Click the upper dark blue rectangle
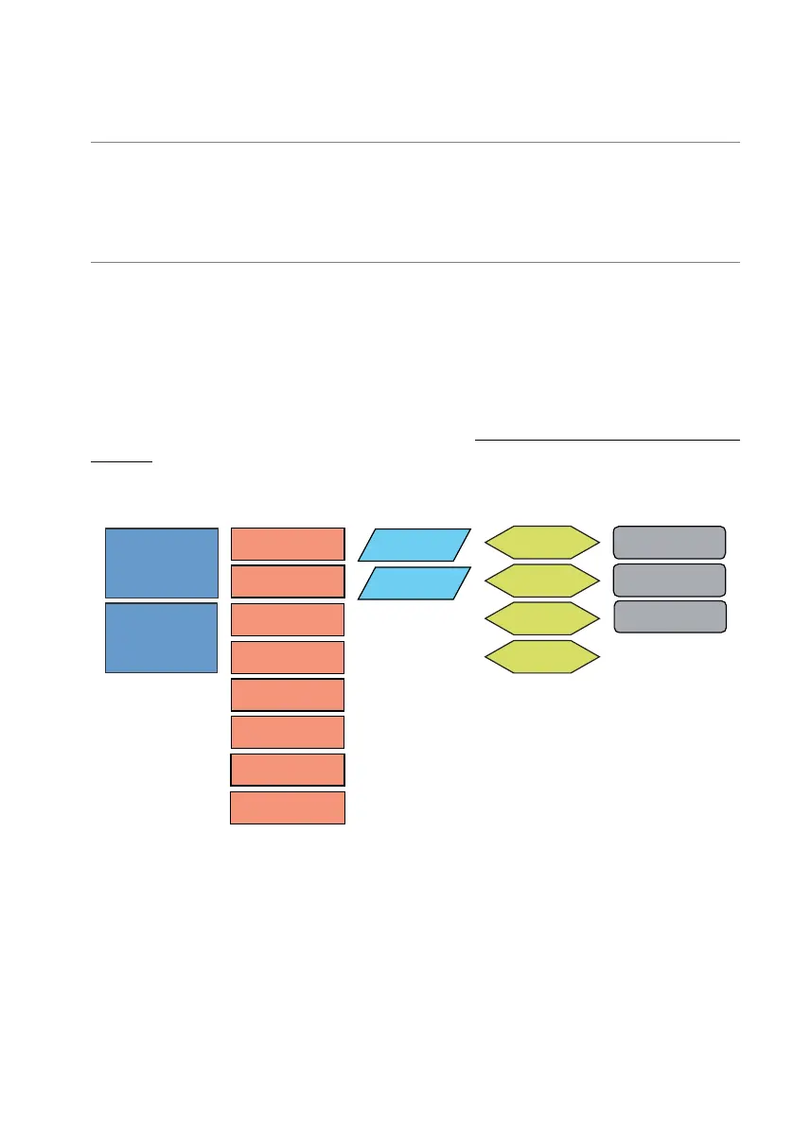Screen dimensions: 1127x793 coord(161,563)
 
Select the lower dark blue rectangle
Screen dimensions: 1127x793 coord(161,637)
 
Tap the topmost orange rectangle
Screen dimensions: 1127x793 coord(288,544)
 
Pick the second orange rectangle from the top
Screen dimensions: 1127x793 coord(288,581)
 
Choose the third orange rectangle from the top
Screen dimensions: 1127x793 coord(288,619)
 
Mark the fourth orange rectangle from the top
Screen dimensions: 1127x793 coord(288,657)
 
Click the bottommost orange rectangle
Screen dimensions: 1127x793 coord(288,808)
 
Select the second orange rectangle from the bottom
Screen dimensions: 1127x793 coord(288,771)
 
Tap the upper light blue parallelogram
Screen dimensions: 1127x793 coord(414,545)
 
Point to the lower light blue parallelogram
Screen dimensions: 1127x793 coord(414,583)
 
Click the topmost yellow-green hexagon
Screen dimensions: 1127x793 coord(542,541)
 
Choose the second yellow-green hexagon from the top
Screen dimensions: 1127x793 coord(542,580)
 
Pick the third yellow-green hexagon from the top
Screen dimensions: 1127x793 coord(542,617)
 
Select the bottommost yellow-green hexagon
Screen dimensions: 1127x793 coord(542,656)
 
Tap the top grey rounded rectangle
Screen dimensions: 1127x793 coord(670,542)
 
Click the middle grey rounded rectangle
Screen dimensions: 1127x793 coord(670,579)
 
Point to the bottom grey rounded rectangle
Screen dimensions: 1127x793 coord(670,616)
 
